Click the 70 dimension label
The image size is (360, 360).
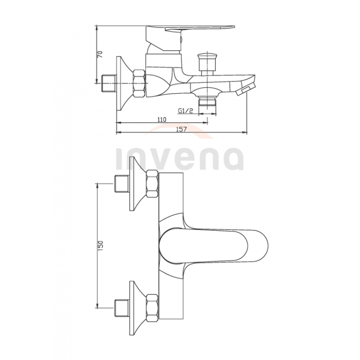tap(100, 54)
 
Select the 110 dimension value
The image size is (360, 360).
tap(162, 120)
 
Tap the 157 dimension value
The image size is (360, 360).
tap(181, 129)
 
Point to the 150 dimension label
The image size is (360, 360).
tap(101, 245)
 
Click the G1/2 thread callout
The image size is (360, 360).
tap(185, 111)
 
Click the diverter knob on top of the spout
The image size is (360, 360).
tap(207, 64)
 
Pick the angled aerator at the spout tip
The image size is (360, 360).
tap(245, 89)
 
